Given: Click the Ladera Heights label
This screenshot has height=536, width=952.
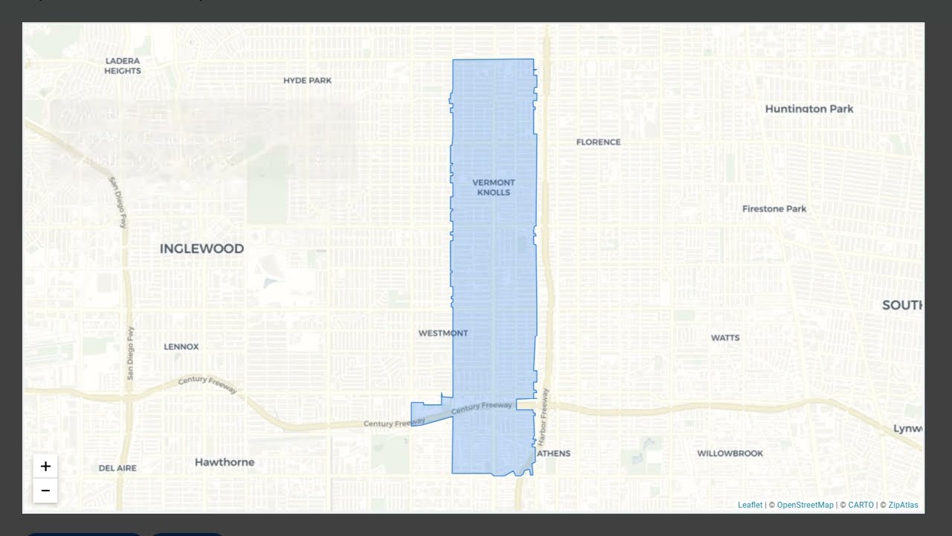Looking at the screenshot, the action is pos(123,66).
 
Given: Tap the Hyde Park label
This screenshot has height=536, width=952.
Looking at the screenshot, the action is pos(307,80).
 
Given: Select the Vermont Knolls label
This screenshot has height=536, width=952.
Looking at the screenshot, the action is pos(493,188).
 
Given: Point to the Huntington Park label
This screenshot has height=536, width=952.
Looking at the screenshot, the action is pos(809,109).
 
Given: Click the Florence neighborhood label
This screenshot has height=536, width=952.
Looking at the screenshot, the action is pos(598,142).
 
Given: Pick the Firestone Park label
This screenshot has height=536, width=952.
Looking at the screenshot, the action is pos(774,209).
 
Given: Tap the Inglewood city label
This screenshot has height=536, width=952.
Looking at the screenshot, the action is pos(202,249).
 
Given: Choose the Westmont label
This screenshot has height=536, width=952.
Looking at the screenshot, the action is pos(443,334).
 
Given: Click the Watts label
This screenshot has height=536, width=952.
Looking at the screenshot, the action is pos(725,338).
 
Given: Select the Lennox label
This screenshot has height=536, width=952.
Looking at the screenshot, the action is pos(181,347).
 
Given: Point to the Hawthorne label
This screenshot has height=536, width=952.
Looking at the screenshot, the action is pos(225,462).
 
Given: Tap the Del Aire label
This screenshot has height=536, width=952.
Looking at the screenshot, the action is pos(118,468).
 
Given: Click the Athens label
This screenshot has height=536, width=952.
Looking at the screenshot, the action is pos(553,453).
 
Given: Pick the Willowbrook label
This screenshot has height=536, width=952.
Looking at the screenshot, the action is pos(730,453).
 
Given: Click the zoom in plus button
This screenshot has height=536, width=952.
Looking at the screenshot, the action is pos(45,467).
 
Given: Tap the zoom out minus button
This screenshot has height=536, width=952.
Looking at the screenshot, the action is pos(45,491).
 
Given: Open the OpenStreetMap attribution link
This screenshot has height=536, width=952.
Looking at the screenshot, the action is pos(805,505).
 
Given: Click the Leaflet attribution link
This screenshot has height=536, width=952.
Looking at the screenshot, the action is pos(750,505).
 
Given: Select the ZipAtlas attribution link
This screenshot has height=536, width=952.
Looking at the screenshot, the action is pos(903,505).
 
